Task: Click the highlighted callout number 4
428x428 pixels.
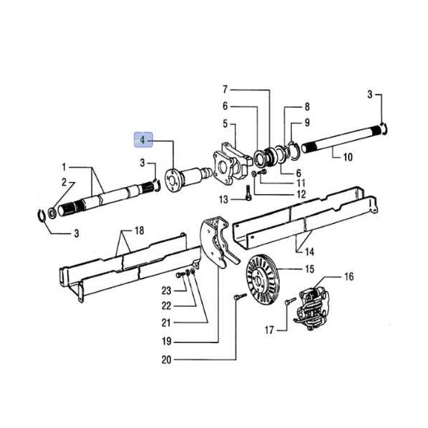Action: coord(143,140)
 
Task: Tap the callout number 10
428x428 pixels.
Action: coord(347,157)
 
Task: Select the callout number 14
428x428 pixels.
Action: coord(310,251)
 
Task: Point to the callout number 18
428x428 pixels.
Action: coord(139,230)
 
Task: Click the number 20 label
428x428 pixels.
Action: coord(166,360)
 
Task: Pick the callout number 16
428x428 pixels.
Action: coord(349,276)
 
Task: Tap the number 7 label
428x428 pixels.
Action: coord(225,89)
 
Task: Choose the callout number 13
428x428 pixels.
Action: coord(223,200)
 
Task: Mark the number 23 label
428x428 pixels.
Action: coord(166,291)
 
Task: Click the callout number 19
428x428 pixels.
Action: coord(166,341)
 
